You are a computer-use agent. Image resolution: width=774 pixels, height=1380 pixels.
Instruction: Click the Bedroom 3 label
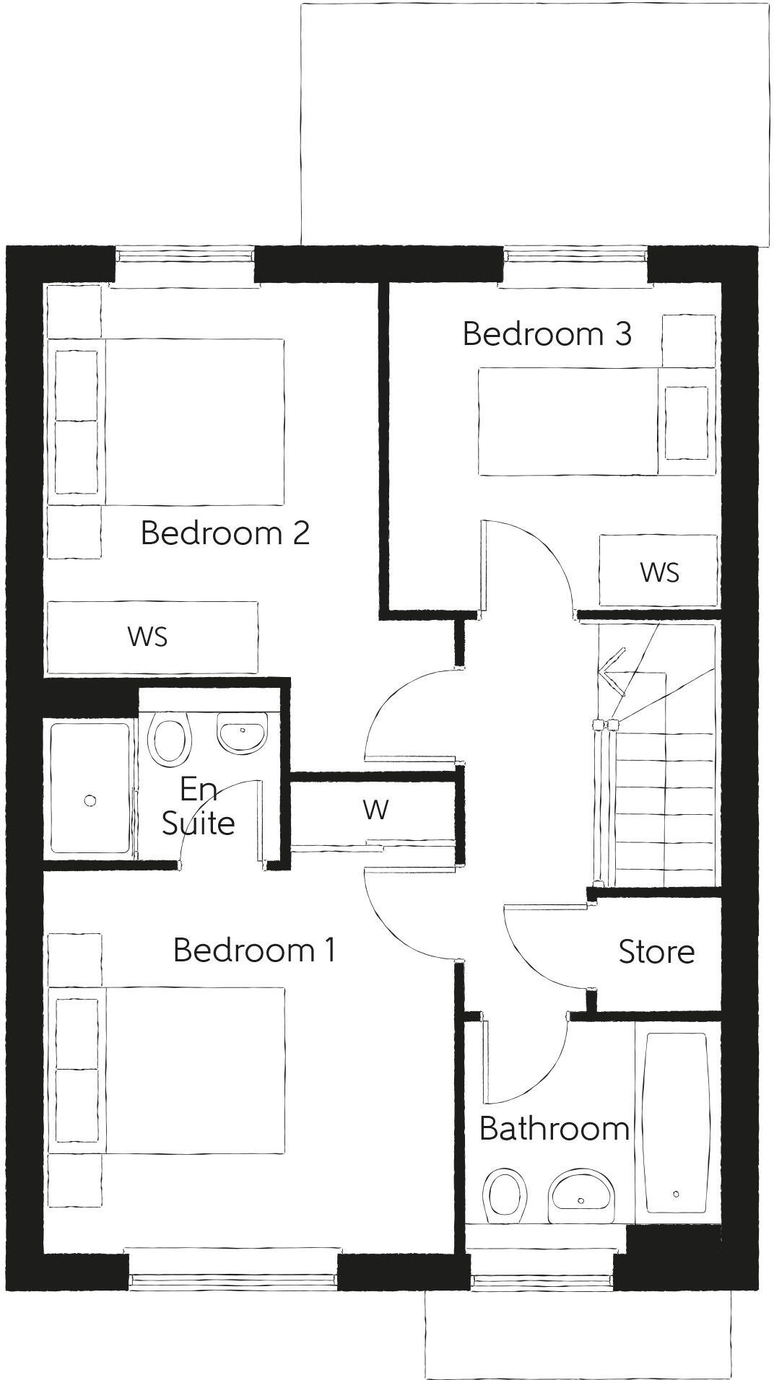click(547, 333)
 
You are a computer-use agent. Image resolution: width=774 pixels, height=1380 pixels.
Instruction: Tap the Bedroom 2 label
click(225, 533)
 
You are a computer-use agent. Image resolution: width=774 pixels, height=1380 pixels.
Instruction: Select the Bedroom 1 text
click(254, 950)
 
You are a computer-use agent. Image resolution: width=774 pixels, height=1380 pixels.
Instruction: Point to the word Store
click(656, 951)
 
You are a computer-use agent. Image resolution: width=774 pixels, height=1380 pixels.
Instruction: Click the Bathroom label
click(554, 1128)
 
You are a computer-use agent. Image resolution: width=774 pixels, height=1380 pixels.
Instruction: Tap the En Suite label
click(198, 806)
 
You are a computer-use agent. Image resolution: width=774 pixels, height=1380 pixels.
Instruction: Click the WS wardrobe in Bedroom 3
click(658, 571)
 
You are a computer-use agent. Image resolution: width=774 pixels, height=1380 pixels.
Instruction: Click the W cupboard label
click(375, 810)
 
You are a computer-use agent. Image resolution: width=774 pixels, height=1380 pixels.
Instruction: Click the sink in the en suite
click(243, 733)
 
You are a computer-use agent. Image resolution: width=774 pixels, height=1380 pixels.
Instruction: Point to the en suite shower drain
click(90, 800)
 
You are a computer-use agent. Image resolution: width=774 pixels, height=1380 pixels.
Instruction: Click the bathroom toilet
click(504, 1195)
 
